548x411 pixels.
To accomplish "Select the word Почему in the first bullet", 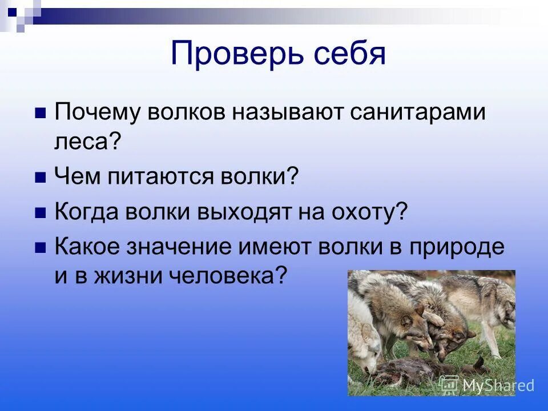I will click(97, 112).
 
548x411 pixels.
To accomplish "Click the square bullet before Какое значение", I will click(41, 248).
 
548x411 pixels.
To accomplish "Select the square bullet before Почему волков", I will click(41, 113).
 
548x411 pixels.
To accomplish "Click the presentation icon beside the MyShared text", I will click(449, 384).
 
